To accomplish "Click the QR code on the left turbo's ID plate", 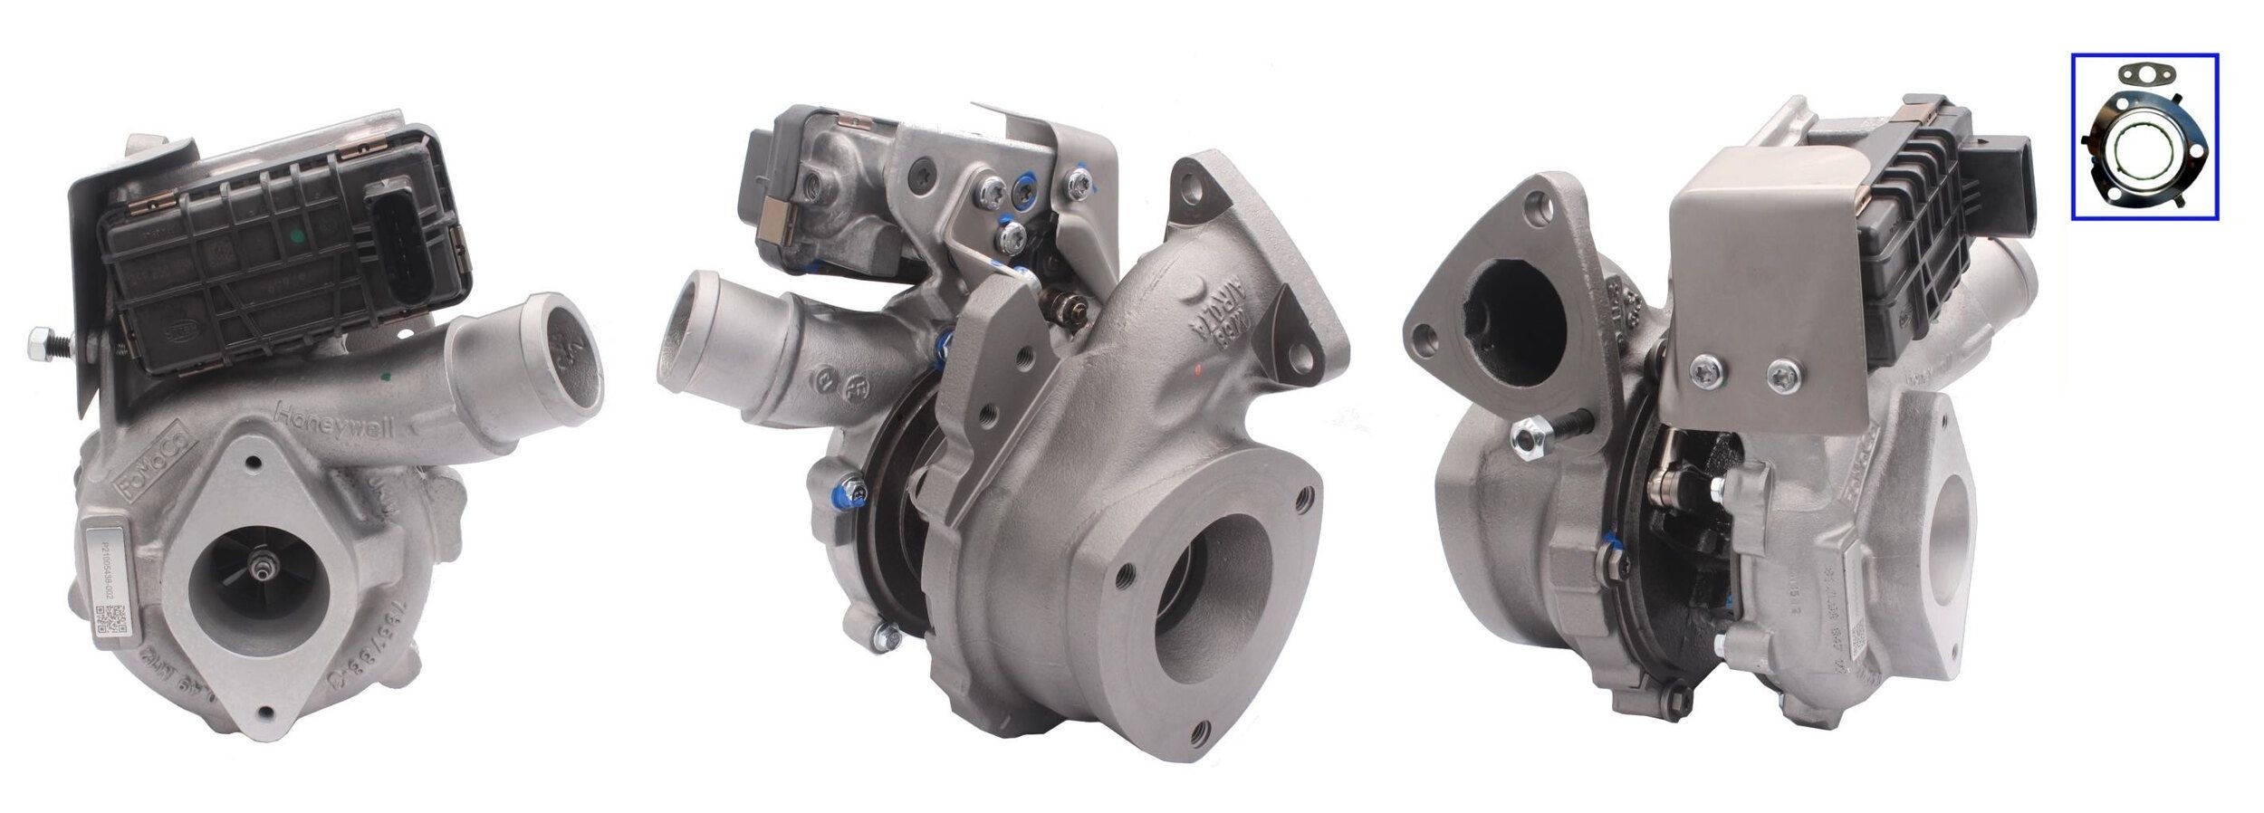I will click(106, 619).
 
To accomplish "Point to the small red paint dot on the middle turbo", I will click(1197, 369).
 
